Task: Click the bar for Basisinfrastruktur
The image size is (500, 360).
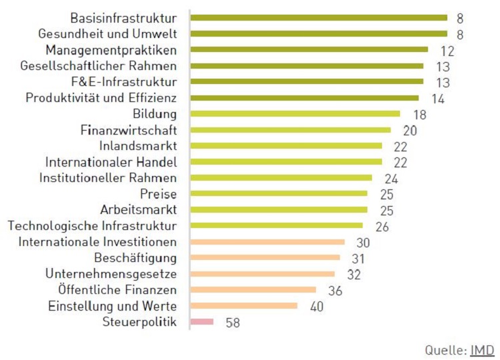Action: [x=318, y=17]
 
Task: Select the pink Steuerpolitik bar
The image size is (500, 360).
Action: [x=202, y=322]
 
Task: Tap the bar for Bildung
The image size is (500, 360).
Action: [x=295, y=114]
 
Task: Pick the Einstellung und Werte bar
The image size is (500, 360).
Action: [x=244, y=306]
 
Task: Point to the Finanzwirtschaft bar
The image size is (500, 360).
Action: [x=291, y=130]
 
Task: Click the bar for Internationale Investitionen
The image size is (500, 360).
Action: [x=267, y=242]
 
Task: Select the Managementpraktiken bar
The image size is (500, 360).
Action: [x=309, y=49]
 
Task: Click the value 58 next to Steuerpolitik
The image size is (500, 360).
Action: [x=232, y=323]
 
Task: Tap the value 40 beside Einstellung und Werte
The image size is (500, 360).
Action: [x=316, y=307]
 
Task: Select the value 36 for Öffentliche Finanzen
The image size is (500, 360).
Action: [x=335, y=291]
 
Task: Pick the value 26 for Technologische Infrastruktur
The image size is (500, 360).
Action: [x=382, y=227]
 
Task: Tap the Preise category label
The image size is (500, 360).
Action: [x=158, y=194]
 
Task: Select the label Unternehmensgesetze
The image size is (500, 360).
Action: [x=111, y=274]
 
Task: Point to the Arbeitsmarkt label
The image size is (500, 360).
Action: [x=138, y=210]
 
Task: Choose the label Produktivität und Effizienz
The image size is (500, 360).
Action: [x=101, y=98]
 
